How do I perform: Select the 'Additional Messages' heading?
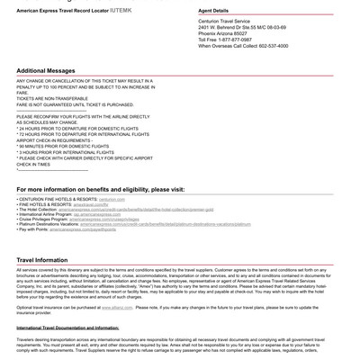pos(46,70)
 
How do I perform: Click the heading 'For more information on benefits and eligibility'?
pos(100,190)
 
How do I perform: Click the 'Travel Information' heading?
pos(42,260)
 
